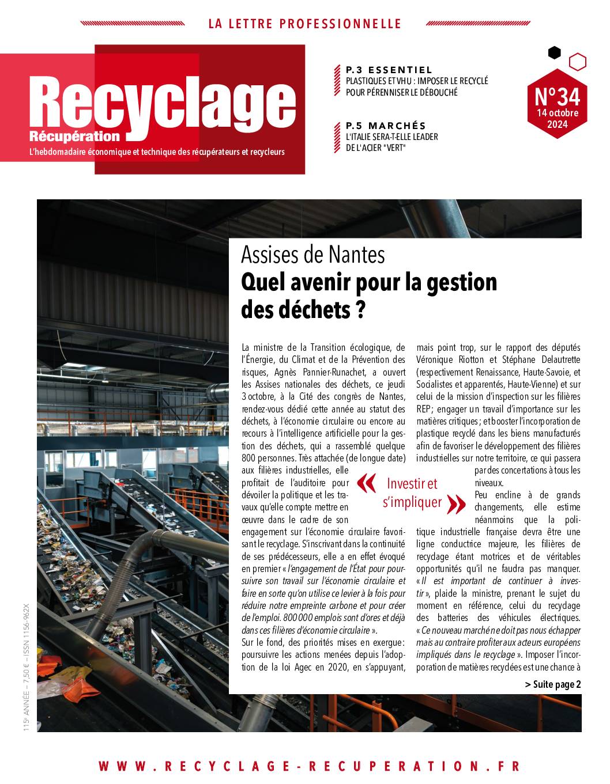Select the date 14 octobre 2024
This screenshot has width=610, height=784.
pos(557,119)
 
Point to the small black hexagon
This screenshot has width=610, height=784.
pos(554,53)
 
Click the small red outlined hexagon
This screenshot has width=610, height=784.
pos(577,61)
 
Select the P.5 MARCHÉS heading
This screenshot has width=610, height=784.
pos(386,126)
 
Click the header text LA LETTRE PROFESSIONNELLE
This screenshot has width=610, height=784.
pos(304,24)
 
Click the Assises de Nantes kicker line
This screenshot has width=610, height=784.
pos(312,254)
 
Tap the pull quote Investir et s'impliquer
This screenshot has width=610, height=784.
pos(412,493)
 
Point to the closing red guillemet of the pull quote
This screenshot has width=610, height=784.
pos(457,504)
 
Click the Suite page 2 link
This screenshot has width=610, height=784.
pos(552,684)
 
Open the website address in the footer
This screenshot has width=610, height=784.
pos(309,766)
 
